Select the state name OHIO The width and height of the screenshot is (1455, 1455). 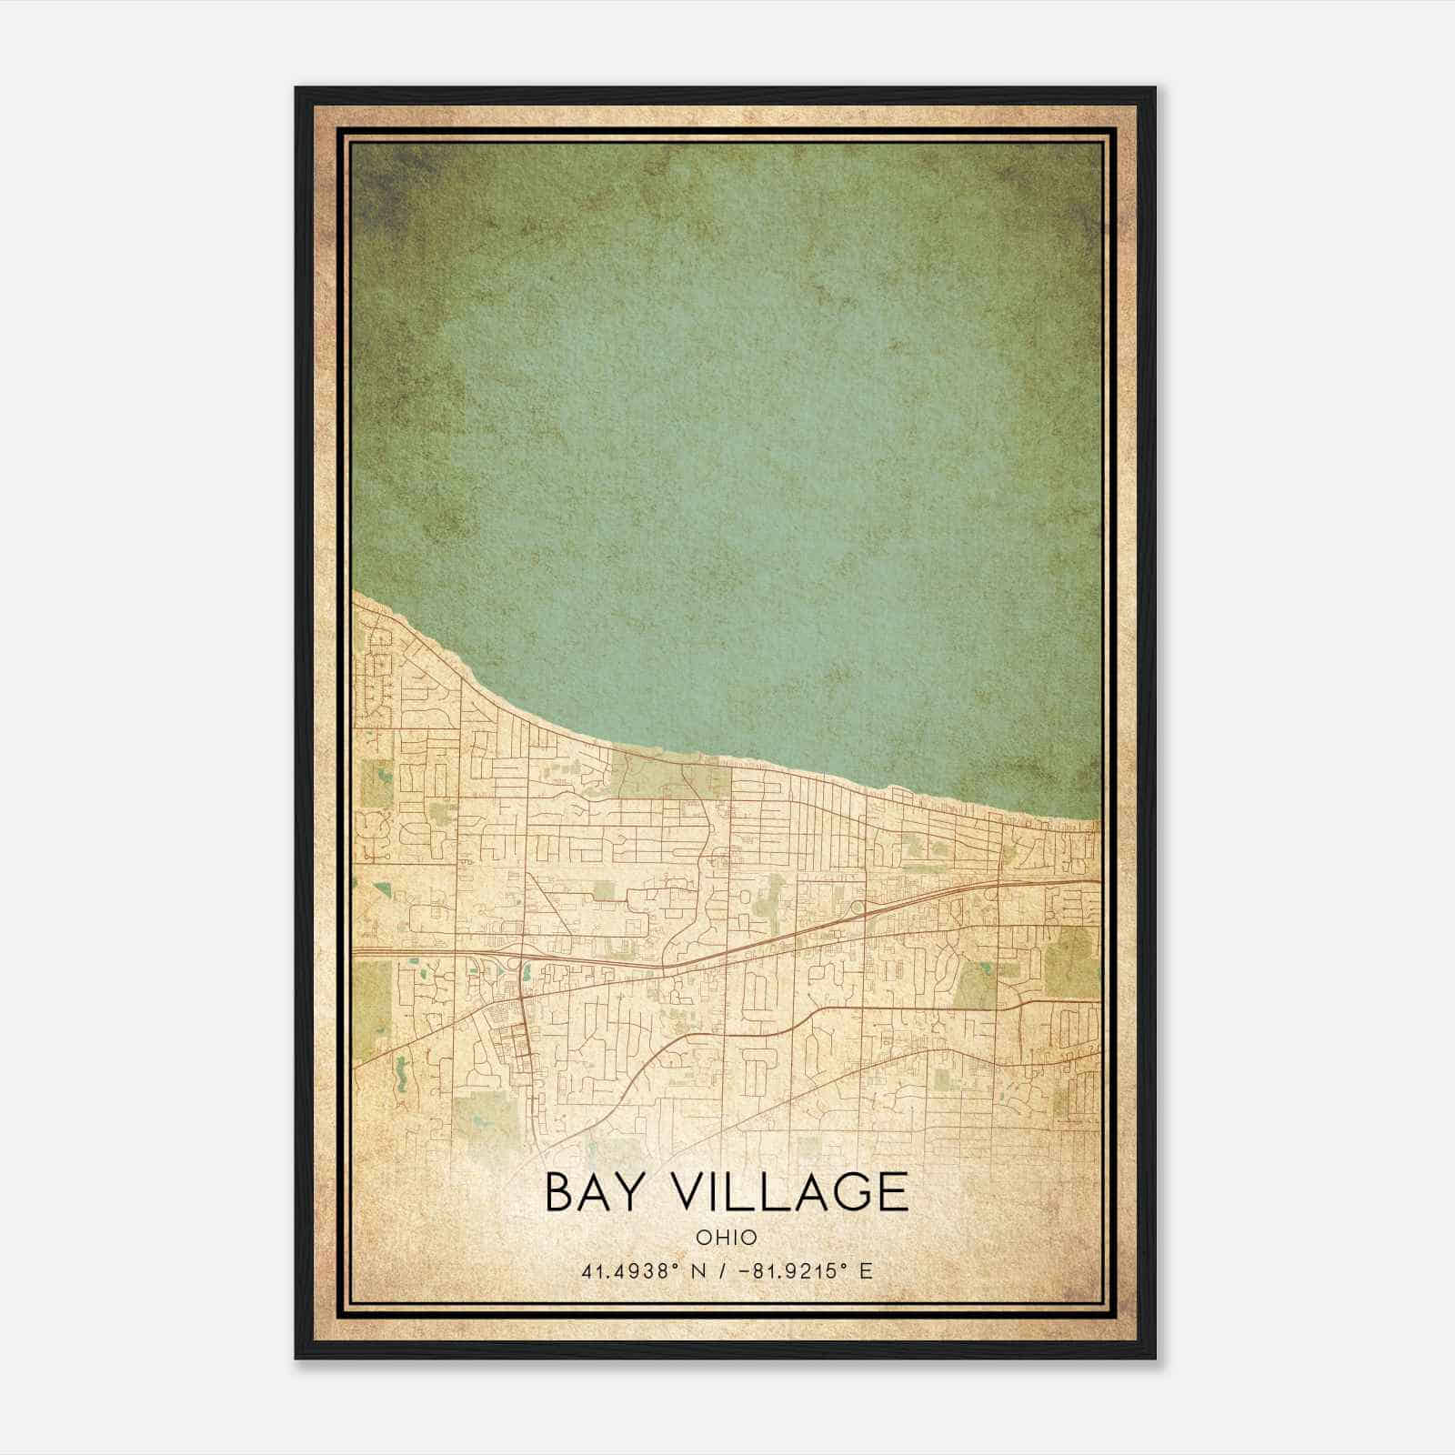point(727,1238)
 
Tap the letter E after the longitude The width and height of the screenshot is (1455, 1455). point(866,1270)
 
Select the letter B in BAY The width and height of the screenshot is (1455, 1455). point(559,1192)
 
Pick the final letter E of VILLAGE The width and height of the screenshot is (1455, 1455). point(894,1192)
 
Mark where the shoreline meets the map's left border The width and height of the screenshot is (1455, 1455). point(353,593)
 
